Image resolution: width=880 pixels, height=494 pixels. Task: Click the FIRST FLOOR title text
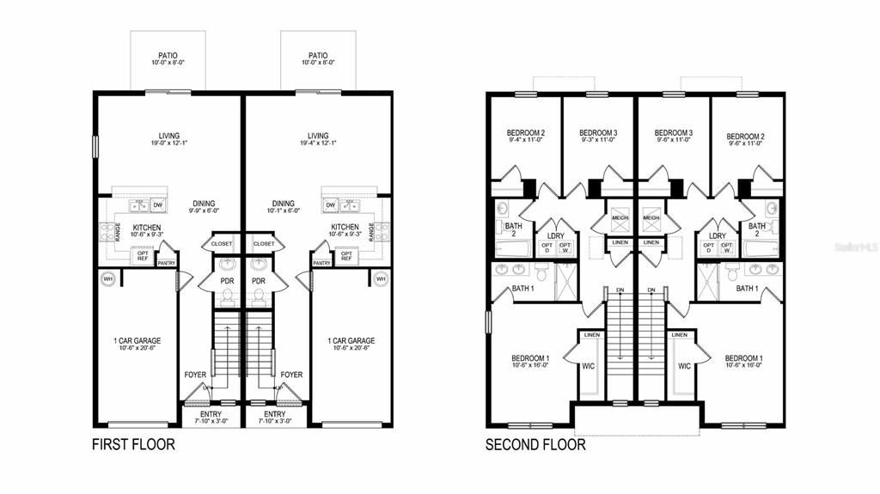point(133,444)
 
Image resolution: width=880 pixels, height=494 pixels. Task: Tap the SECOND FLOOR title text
point(535,444)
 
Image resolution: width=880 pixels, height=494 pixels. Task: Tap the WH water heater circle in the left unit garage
point(107,278)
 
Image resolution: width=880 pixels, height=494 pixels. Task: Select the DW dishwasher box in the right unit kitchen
point(331,205)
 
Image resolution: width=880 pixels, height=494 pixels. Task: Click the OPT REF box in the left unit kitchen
point(142,255)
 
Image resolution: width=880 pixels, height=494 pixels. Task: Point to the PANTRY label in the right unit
point(321,264)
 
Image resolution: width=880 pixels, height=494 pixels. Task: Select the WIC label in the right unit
point(684,366)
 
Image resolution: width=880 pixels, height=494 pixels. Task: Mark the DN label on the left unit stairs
point(620,290)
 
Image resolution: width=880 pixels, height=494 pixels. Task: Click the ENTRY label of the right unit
point(276,414)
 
